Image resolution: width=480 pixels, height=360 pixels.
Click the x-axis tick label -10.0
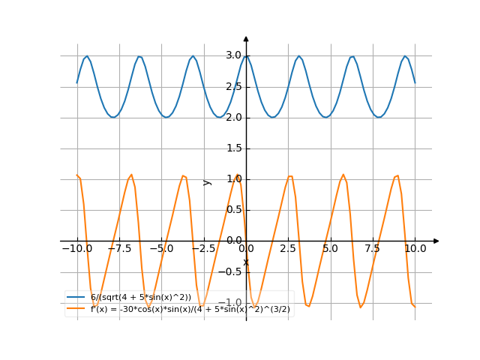click(x=76, y=248)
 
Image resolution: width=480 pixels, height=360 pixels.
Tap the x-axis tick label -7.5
click(x=118, y=248)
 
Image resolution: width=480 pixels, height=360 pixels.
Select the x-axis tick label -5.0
click(x=161, y=248)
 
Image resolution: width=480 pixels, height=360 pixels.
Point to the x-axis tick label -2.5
click(x=203, y=248)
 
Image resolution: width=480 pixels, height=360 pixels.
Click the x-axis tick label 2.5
click(x=288, y=248)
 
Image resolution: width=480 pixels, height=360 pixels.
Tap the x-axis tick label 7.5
click(x=373, y=248)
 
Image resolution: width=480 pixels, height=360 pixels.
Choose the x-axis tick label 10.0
click(x=415, y=248)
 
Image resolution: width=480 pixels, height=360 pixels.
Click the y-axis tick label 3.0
click(x=233, y=55)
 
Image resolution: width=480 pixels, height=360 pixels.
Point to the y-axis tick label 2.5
click(x=233, y=86)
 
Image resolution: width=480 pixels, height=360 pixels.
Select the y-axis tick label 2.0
click(x=233, y=117)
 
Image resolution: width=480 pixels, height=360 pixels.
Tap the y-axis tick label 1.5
click(x=233, y=148)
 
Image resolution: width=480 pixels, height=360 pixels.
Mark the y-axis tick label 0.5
click(x=233, y=210)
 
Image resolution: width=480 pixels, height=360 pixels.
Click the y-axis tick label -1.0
click(x=232, y=303)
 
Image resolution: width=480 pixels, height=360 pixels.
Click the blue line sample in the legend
click(x=76, y=298)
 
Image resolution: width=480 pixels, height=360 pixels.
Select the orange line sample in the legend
click(x=76, y=308)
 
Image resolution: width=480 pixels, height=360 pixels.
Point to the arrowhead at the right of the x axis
click(x=436, y=241)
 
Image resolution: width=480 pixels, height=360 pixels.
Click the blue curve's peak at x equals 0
click(x=246, y=56)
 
